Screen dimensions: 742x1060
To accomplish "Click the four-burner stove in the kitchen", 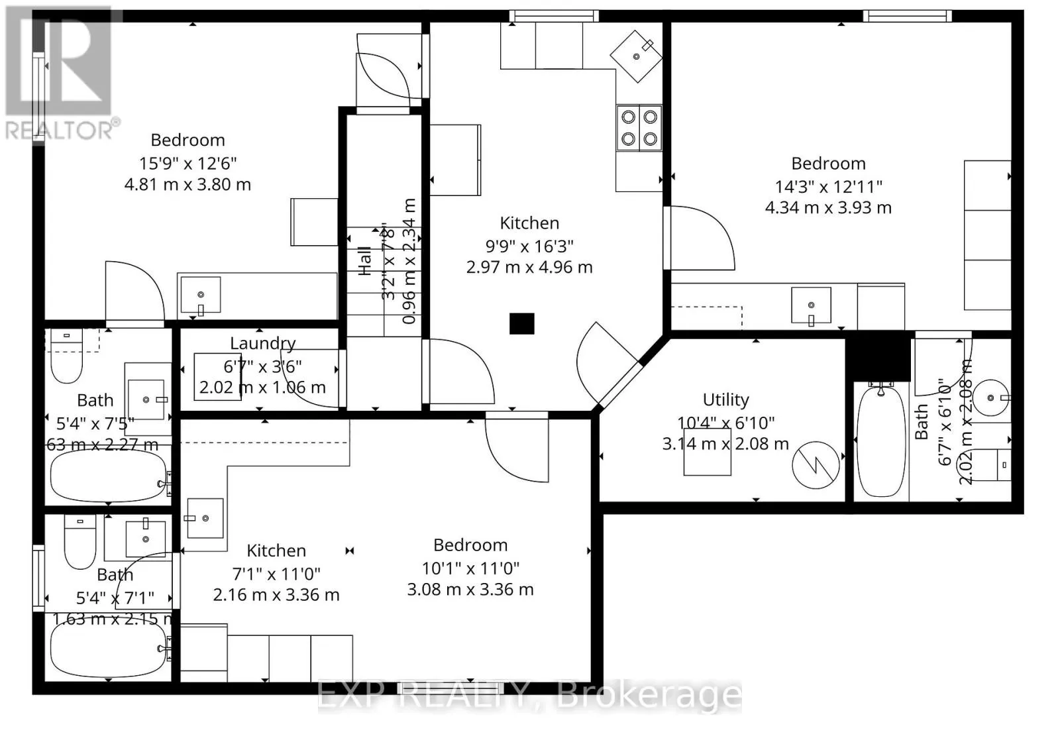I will point(639,128).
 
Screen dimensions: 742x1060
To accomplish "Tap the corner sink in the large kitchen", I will point(636,56).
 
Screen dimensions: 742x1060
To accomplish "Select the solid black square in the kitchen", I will point(521,323).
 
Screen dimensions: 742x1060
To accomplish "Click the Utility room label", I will point(725,399).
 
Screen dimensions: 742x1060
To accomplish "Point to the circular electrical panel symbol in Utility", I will point(816,465).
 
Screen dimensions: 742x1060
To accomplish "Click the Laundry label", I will point(262,343).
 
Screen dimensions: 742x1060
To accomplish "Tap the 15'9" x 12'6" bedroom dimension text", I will point(187,163).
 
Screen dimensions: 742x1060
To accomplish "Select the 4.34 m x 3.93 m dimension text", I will point(828,208).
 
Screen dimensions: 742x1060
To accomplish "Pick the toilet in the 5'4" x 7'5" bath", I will point(66,364).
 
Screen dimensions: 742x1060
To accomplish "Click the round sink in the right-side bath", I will point(991,397).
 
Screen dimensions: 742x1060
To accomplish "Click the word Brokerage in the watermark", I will point(649,696).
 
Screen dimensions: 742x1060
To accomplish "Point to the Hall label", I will point(365,261).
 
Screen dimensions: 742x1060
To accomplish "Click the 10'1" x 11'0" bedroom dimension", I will point(470,568).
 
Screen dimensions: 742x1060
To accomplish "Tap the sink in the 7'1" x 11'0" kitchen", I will point(205,518).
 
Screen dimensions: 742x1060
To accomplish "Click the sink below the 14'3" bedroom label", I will point(811,305).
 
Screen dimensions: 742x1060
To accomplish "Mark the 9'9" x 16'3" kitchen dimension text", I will point(529,246).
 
